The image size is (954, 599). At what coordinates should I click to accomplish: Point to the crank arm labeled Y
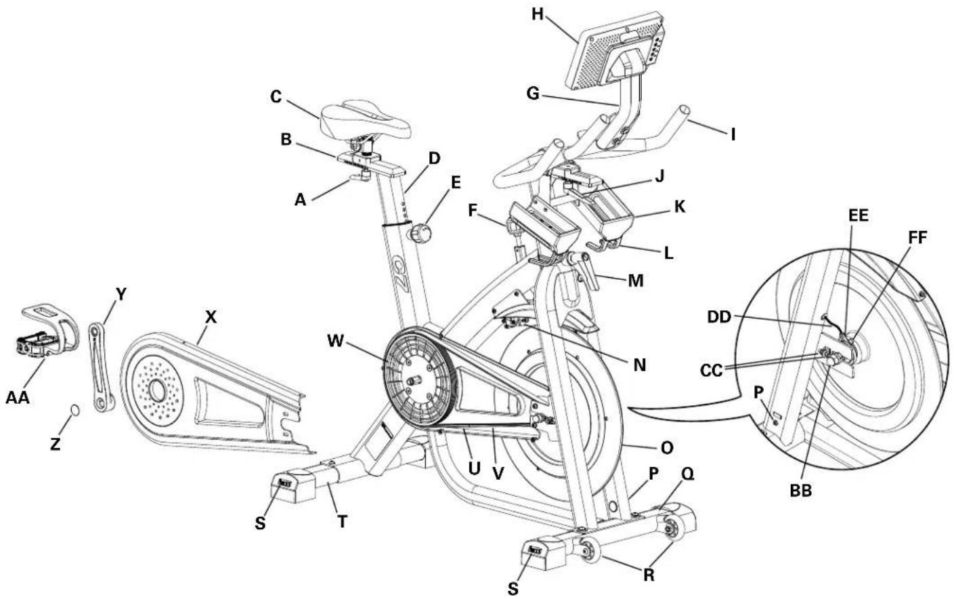[100, 366]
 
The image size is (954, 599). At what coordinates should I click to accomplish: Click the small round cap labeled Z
[76, 411]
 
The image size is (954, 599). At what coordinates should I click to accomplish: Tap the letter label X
[211, 316]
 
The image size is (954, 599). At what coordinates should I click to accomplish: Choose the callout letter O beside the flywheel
[667, 447]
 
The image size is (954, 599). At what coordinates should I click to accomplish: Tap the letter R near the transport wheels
[649, 575]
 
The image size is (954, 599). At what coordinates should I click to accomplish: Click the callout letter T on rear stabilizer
[343, 521]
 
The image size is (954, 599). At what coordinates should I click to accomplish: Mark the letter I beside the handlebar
[732, 134]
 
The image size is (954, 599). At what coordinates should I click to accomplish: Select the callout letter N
[639, 365]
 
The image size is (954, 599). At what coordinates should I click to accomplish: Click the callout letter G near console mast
[533, 94]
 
